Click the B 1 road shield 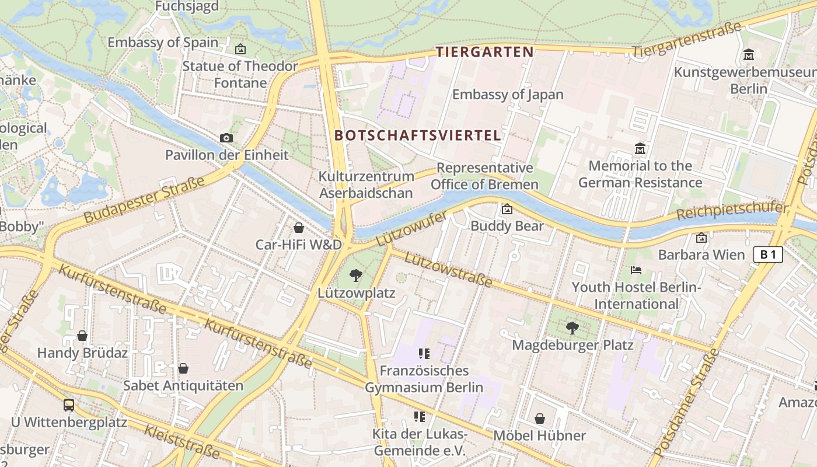coord(768,255)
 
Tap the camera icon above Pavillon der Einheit coord(226,138)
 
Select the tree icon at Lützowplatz coord(355,276)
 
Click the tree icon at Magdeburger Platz coord(572,328)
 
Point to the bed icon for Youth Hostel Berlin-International coord(636,270)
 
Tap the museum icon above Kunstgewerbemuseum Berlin coord(749,55)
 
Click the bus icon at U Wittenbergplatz coord(69,405)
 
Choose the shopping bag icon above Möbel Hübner coord(540,419)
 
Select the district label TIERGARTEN coord(485,52)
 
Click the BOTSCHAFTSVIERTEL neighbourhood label coord(418,135)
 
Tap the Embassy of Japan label coord(508,95)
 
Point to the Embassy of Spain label coord(163,43)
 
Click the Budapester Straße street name coord(144,199)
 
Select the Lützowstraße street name coord(448,270)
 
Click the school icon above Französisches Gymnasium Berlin coord(424,353)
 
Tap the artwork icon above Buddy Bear coord(507,208)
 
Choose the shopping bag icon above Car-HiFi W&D coord(298,227)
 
